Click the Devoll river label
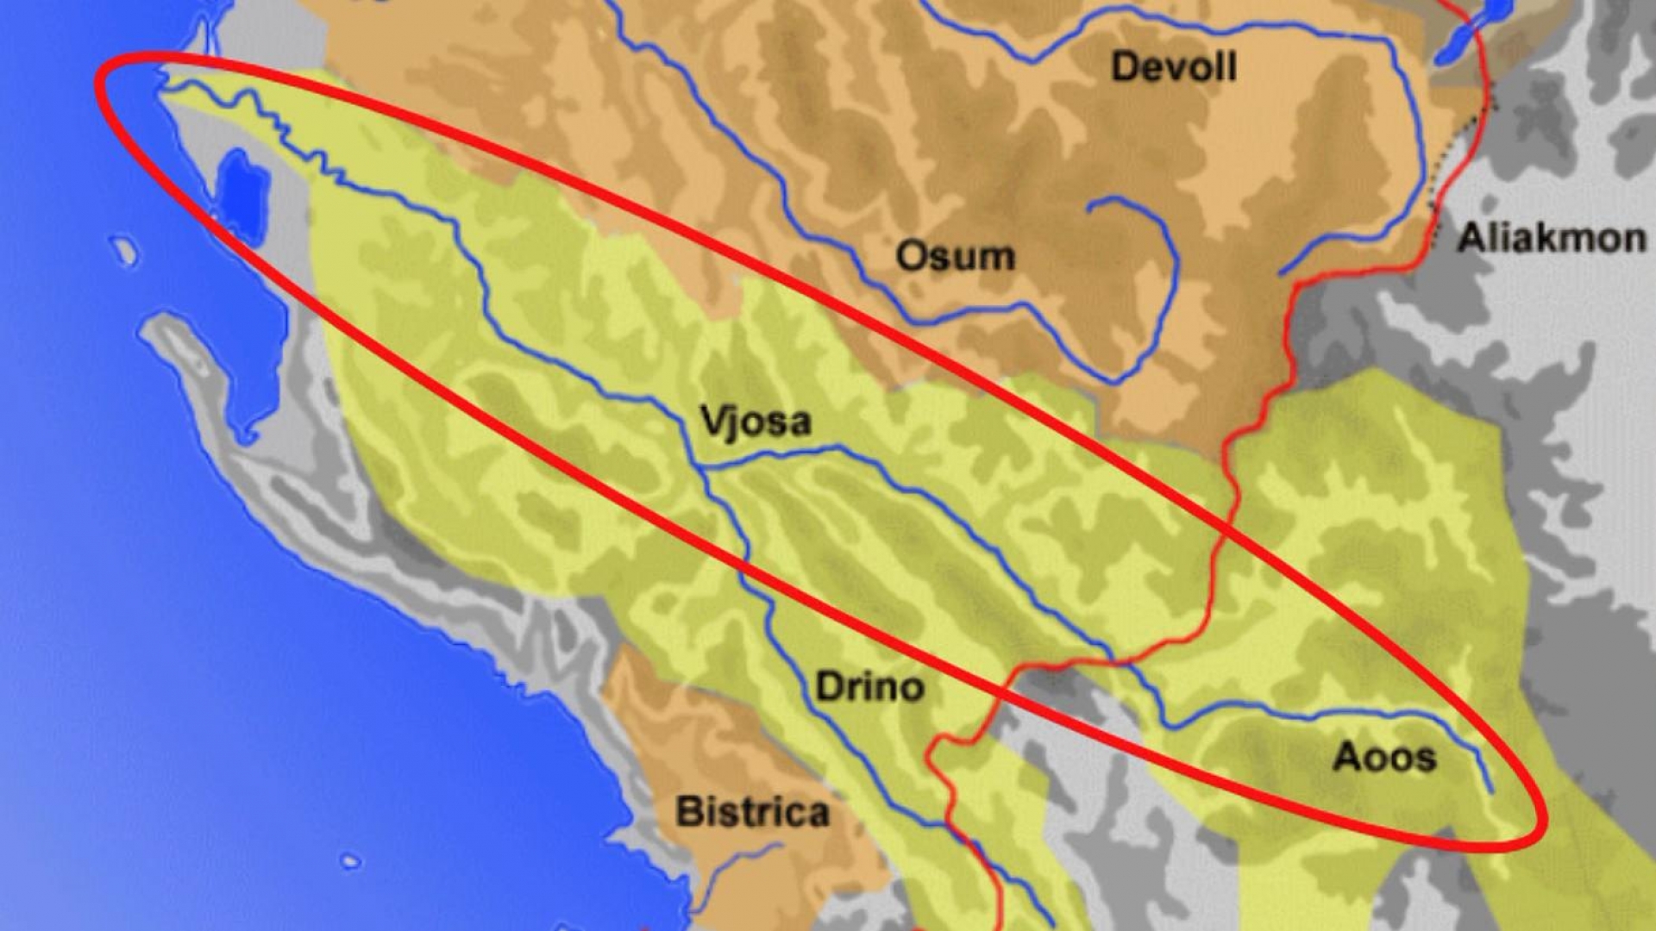pyautogui.click(x=1173, y=67)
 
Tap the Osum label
pyautogui.click(x=955, y=257)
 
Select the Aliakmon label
pyautogui.click(x=1551, y=238)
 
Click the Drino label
pyautogui.click(x=869, y=688)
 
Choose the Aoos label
pyautogui.click(x=1384, y=758)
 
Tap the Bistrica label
pyautogui.click(x=752, y=812)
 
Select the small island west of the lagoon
pyautogui.click(x=126, y=250)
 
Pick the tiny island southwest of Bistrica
pyautogui.click(x=350, y=861)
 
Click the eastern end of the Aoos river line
pyautogui.click(x=1491, y=790)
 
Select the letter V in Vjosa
pyautogui.click(x=712, y=421)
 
